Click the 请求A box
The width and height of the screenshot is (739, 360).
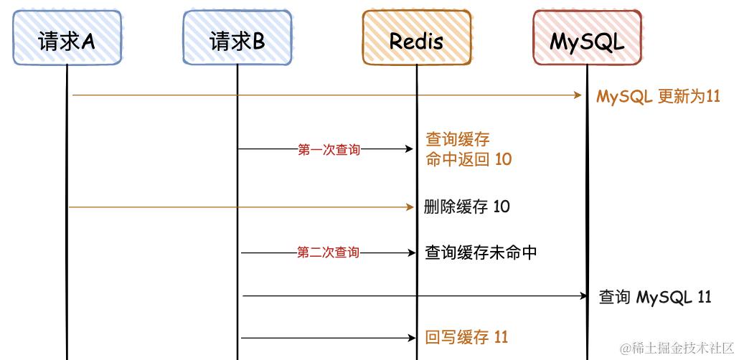click(x=67, y=38)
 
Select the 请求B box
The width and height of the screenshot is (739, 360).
click(x=237, y=38)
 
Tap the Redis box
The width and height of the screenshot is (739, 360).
click(x=416, y=38)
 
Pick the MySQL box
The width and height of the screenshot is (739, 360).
click(x=586, y=38)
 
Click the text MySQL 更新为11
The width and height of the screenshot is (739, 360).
click(x=658, y=96)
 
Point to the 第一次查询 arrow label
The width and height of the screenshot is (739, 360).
click(x=329, y=150)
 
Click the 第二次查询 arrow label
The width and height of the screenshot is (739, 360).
click(x=329, y=252)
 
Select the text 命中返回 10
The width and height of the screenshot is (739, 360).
click(x=469, y=159)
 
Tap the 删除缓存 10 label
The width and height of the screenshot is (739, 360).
click(x=467, y=207)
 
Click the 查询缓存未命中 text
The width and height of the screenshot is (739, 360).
click(x=481, y=252)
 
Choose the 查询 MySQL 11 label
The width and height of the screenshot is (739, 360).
click(x=655, y=297)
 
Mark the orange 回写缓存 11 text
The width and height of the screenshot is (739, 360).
click(x=466, y=337)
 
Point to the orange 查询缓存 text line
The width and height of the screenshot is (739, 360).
click(x=458, y=139)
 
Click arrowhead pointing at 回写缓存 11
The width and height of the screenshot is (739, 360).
click(x=411, y=337)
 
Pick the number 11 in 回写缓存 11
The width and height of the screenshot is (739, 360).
click(x=501, y=337)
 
